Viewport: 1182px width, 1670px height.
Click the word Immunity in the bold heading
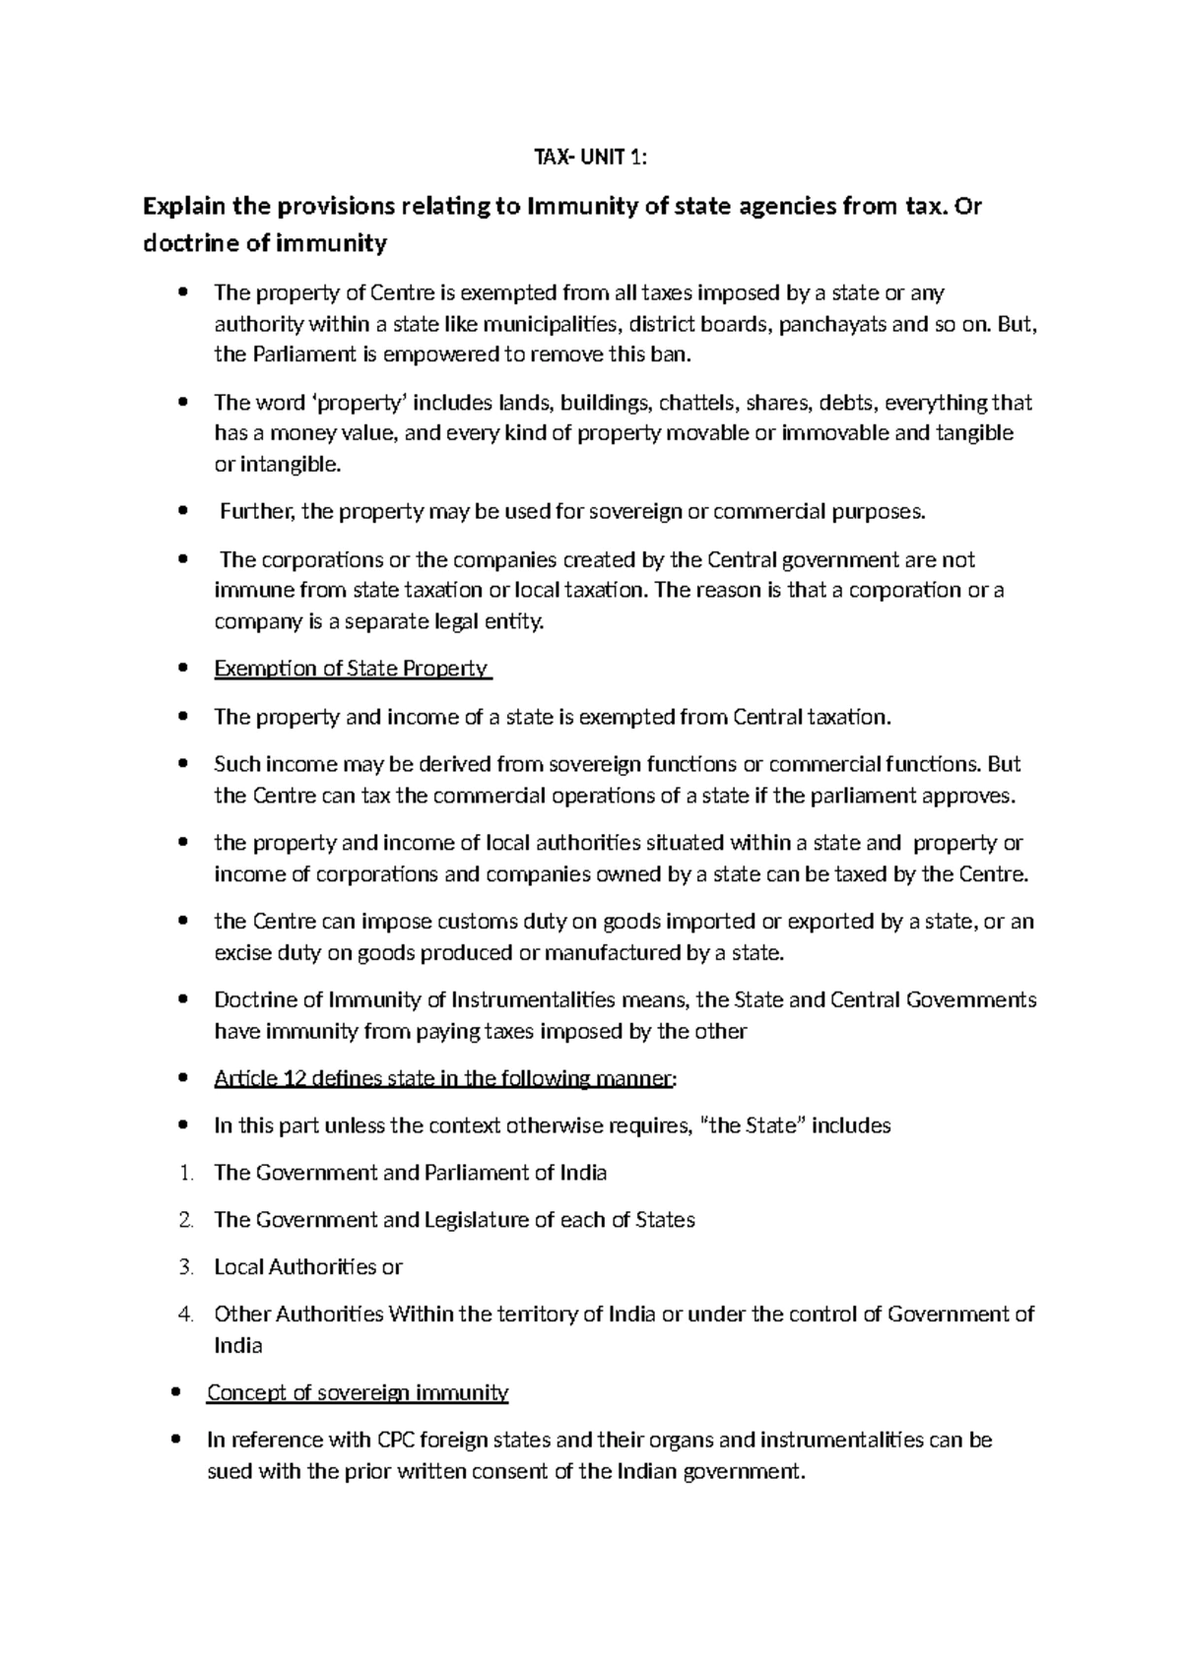click(x=576, y=208)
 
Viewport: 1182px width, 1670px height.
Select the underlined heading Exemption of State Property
click(x=351, y=670)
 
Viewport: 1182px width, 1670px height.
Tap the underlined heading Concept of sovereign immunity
click(x=357, y=1393)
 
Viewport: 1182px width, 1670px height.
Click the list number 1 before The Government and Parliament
click(x=187, y=1174)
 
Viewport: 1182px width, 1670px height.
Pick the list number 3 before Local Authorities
click(x=187, y=1268)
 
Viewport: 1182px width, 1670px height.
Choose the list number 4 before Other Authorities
click(x=187, y=1316)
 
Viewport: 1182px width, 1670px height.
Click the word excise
click(x=242, y=954)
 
